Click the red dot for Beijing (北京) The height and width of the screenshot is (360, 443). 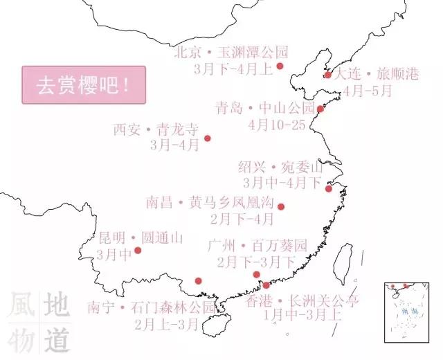[x=280, y=66]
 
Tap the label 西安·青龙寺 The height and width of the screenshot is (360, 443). [x=155, y=129]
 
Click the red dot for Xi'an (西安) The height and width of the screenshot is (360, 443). [x=207, y=138]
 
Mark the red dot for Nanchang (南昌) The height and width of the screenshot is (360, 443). [x=280, y=206]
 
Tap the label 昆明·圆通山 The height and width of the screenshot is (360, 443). [x=141, y=238]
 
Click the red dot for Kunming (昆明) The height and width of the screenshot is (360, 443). [x=138, y=251]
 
